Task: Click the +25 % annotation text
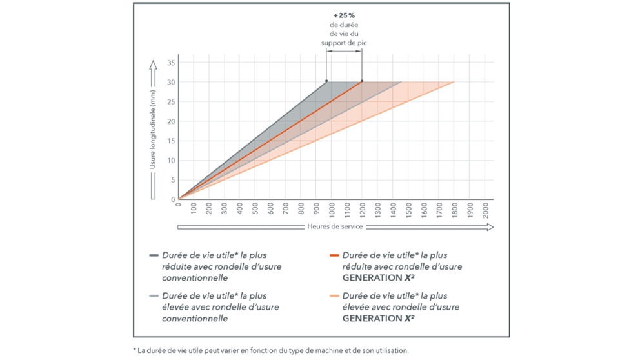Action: point(344,15)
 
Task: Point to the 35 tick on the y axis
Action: point(172,63)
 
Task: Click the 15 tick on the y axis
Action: point(172,141)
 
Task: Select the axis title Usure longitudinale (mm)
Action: point(153,130)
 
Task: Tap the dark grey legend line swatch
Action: point(154,255)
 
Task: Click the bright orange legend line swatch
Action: point(334,255)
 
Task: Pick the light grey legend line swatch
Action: point(154,296)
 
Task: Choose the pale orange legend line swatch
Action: point(334,296)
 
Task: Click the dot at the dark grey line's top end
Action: point(326,81)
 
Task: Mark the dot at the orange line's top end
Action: point(362,81)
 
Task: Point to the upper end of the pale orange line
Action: point(454,82)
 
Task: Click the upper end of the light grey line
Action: point(401,82)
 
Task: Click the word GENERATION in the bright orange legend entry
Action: point(371,278)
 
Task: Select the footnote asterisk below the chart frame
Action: point(135,350)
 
